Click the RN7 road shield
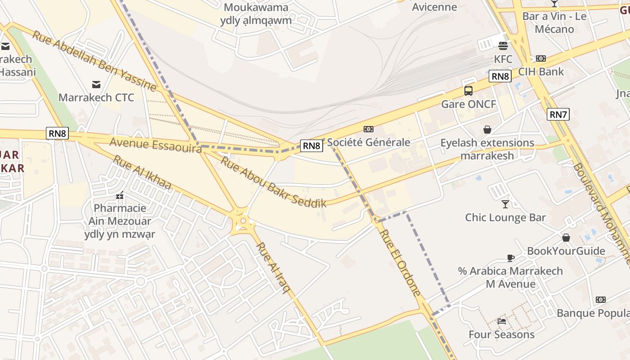pos(558,114)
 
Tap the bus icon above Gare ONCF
pos(468,91)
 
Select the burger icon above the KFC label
pos(503,45)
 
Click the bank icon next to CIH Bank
pos(541,58)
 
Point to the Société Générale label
pos(369,142)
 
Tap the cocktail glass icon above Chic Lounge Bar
pos(505,204)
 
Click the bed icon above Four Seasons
pos(502,321)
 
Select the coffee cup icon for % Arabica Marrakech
pos(510,258)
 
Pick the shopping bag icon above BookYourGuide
pos(566,238)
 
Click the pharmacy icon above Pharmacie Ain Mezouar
pos(120,195)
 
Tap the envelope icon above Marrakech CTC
pos(96,84)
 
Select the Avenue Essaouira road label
pos(155,145)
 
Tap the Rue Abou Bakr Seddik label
pos(273,182)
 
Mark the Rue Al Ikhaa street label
pos(142,172)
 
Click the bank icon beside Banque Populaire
pos(601,300)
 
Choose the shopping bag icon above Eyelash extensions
pos(487,130)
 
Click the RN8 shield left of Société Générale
pos(311,145)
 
